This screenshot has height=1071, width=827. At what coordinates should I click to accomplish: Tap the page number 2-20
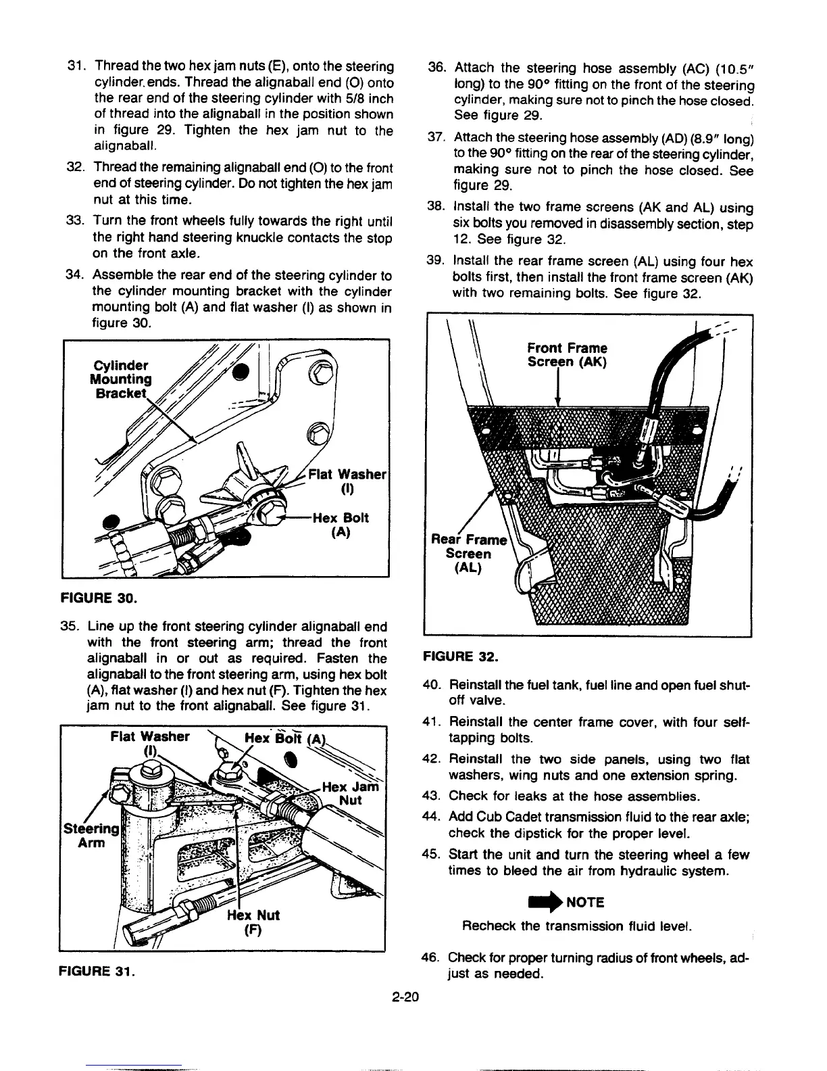tap(406, 995)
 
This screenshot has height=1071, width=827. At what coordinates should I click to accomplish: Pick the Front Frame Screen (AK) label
tap(567, 355)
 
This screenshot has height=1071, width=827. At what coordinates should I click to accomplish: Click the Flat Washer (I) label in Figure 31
tap(150, 743)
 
